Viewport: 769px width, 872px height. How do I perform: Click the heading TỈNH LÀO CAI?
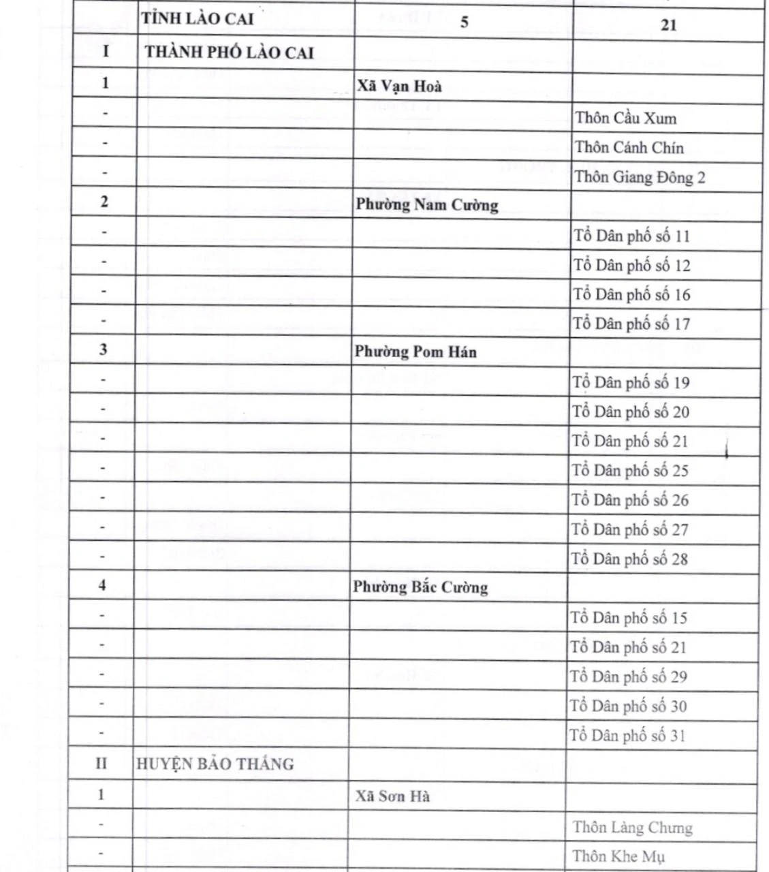197,19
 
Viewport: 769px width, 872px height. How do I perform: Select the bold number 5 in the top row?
464,22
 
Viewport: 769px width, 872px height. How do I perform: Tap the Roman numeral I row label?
106,51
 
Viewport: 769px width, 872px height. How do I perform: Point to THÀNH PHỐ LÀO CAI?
229,52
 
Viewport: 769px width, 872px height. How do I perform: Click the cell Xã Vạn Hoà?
399,86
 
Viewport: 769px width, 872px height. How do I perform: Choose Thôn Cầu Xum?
626,118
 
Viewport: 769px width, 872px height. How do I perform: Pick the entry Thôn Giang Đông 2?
640,177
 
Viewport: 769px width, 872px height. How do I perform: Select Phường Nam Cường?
426,205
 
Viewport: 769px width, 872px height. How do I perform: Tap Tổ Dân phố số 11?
631,236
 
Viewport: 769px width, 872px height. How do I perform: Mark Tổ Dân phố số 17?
631,324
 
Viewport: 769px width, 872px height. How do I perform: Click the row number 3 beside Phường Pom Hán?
104,349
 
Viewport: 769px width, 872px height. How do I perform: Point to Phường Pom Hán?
415,352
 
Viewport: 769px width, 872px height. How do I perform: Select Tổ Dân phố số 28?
630,559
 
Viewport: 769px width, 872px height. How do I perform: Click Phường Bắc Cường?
420,587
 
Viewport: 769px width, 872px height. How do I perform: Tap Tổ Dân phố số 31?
628,736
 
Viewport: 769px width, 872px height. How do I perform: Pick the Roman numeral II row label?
101,764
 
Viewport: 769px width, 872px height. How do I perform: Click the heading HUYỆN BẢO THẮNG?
215,764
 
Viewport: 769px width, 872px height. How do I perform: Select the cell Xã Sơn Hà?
392,796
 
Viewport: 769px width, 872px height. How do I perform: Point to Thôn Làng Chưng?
632,828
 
